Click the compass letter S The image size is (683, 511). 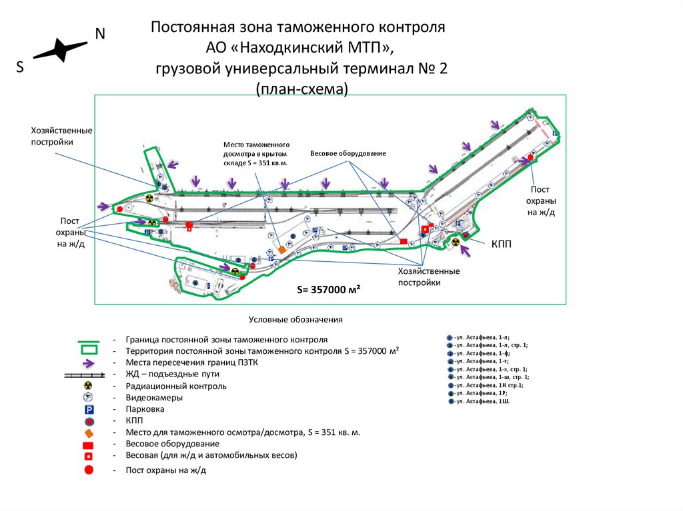(20, 67)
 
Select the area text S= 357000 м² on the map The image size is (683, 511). (329, 290)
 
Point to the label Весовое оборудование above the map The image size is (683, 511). (348, 154)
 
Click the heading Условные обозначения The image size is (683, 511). (295, 319)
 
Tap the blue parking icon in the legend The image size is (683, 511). (88, 409)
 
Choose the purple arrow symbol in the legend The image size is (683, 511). (88, 362)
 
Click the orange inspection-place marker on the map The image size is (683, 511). (282, 250)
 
